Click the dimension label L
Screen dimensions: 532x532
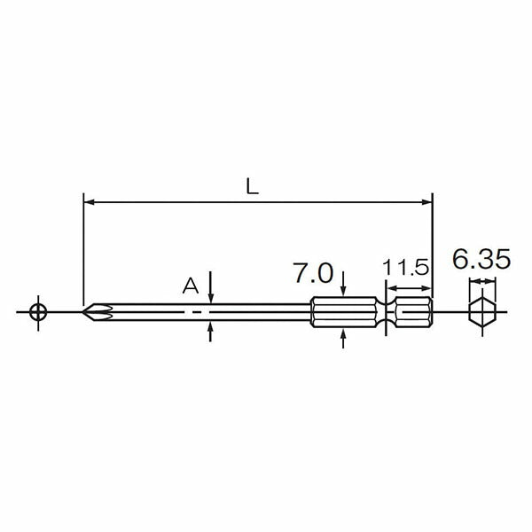[253, 186]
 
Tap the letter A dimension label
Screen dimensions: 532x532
[191, 286]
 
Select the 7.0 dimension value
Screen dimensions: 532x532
[313, 273]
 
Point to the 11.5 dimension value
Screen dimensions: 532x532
[406, 268]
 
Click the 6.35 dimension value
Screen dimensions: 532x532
[481, 260]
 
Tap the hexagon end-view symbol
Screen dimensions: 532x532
[482, 312]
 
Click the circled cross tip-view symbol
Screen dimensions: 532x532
[38, 312]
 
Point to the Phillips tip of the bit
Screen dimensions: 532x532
[98, 312]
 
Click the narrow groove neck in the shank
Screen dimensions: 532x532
[386, 312]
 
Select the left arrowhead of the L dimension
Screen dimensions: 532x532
[89, 202]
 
